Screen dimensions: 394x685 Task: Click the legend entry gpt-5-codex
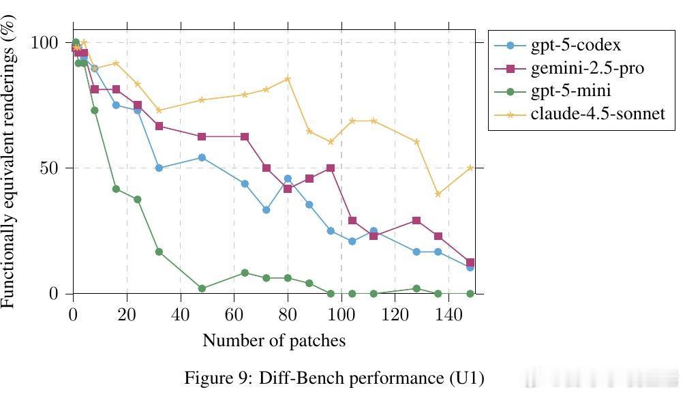pos(575,46)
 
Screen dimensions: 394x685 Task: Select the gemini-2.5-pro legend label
pos(587,68)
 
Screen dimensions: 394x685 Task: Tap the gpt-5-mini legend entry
pos(570,91)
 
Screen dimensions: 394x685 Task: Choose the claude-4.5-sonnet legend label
pos(597,113)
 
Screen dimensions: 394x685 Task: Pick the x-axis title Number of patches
pos(274,340)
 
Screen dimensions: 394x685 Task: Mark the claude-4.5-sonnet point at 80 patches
pos(288,79)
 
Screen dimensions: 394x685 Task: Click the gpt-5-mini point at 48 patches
pos(202,288)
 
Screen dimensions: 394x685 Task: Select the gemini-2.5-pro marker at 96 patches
pos(331,168)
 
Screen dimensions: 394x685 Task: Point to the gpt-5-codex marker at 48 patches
pos(202,157)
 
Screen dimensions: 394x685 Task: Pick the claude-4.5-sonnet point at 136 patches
pos(438,194)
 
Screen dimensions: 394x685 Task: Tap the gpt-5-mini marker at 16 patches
pos(116,189)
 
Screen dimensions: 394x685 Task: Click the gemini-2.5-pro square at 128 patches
pos(416,221)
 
